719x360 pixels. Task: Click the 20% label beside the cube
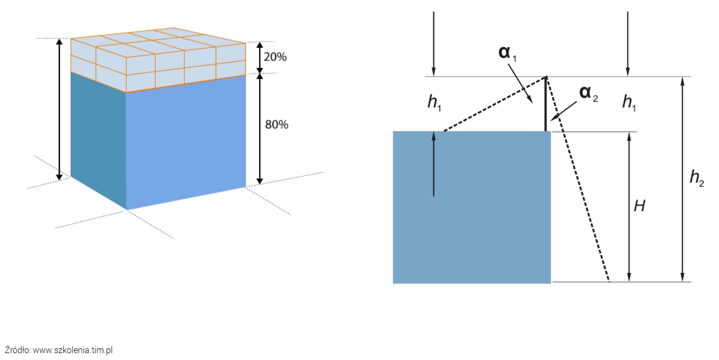coord(276,57)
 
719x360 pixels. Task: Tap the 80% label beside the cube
coord(276,125)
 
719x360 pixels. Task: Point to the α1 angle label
coord(507,53)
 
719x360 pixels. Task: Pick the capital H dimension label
coord(640,206)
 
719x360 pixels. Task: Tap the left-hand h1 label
coord(433,103)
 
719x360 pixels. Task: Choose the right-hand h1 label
coord(629,103)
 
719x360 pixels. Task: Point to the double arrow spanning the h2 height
coord(682,179)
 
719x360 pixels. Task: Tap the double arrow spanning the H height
coord(629,207)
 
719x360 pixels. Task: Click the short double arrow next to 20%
coord(260,57)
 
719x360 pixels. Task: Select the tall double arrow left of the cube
coord(59,109)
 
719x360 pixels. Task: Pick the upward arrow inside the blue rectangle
coord(433,164)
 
